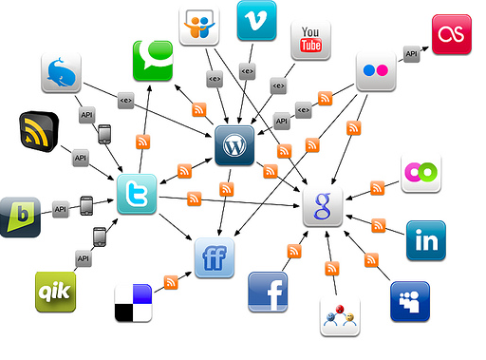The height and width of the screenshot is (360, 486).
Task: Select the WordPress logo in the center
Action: (234, 145)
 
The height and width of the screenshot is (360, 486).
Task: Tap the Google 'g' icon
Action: (322, 206)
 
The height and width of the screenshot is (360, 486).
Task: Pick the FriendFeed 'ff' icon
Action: (214, 256)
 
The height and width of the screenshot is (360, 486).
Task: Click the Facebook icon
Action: (268, 291)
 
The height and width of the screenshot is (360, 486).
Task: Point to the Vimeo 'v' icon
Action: (255, 20)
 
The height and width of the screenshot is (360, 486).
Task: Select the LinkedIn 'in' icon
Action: (425, 240)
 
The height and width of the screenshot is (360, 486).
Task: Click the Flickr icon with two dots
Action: (375, 70)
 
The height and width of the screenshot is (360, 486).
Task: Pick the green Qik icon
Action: (54, 291)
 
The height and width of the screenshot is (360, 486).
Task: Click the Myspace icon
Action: (409, 301)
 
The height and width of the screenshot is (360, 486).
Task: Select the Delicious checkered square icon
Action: (132, 303)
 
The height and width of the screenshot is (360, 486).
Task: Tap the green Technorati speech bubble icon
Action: (152, 60)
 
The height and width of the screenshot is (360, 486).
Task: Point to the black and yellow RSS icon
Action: (39, 133)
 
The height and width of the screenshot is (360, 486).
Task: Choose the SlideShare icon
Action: (199, 28)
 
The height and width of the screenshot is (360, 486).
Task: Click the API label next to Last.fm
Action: (411, 54)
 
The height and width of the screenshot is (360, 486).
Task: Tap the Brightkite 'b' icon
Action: (20, 217)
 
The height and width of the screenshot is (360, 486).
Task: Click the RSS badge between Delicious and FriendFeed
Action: (172, 282)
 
